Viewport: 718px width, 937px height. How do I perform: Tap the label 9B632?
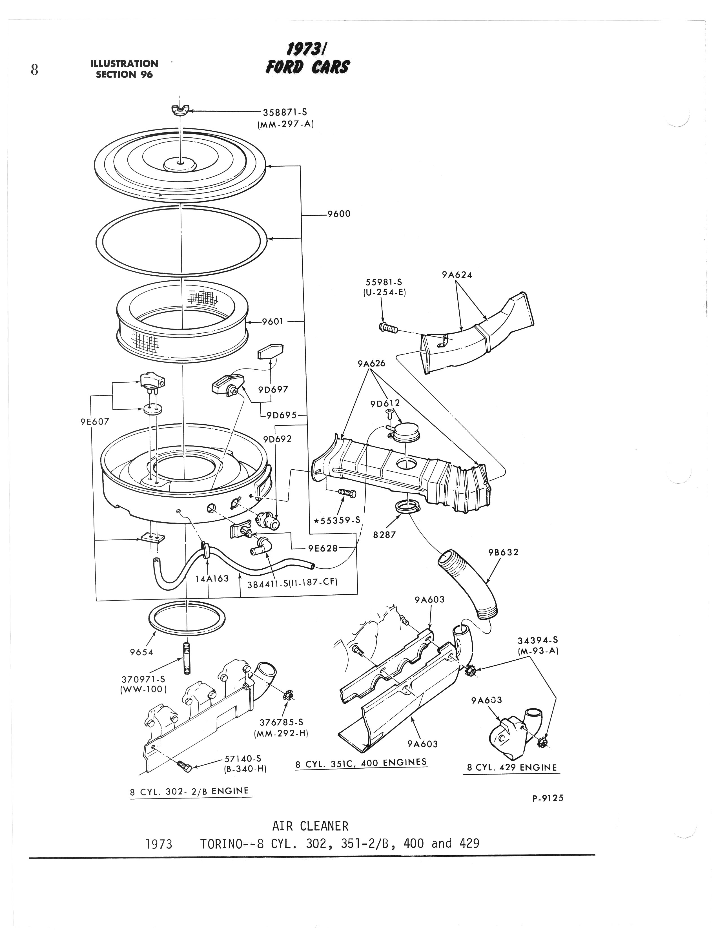(x=504, y=552)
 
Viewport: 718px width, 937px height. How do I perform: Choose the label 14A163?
(x=212, y=579)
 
